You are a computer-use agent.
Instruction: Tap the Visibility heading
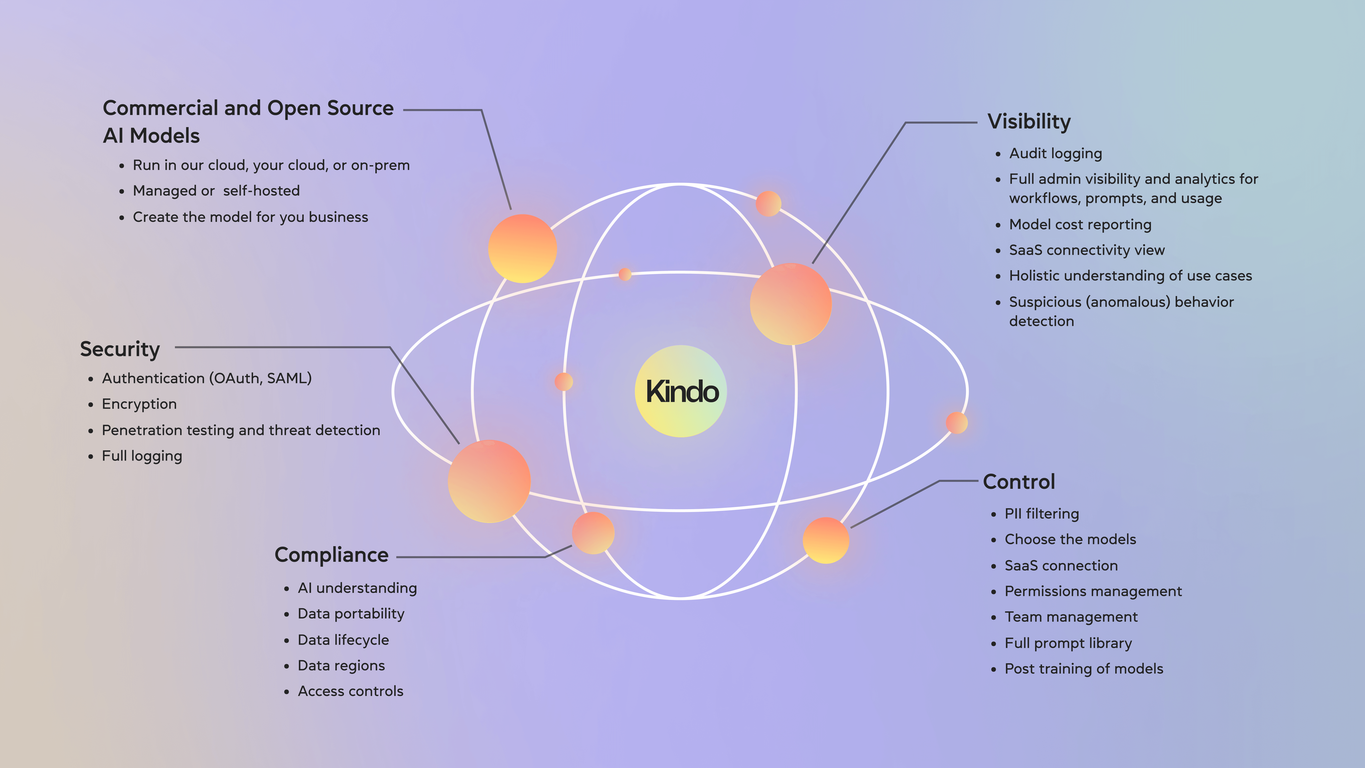1028,122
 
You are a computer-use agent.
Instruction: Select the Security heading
120,349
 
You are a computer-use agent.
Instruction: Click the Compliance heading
331,555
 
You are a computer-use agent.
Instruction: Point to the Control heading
1019,482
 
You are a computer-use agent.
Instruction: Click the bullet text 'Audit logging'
1055,154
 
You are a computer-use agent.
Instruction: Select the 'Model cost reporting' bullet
1080,225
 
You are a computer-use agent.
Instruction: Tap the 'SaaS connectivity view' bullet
1086,250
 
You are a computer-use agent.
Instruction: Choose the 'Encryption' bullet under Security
139,404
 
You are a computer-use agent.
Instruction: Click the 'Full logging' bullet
141,456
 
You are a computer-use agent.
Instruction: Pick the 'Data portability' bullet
351,614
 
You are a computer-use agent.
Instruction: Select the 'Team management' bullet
1071,617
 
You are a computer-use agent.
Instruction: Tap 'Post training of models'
1084,669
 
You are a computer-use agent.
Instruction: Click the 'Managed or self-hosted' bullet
216,191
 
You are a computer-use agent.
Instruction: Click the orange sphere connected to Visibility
790,304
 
